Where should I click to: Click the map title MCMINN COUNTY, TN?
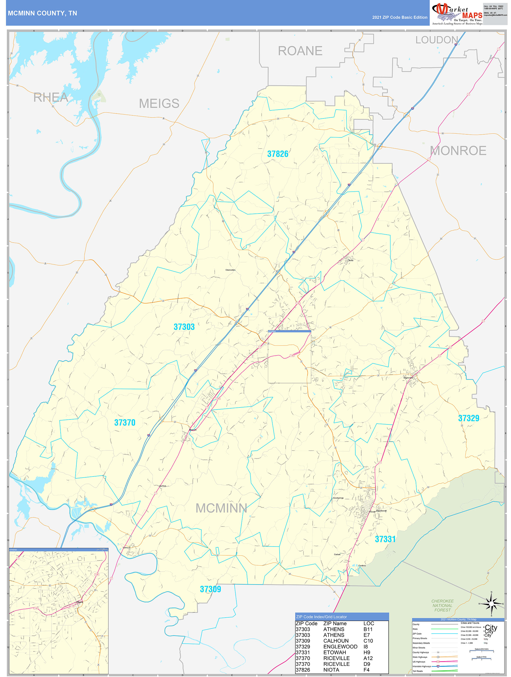[42, 13]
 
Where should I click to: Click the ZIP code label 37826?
[277, 154]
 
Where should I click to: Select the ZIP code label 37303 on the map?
[184, 327]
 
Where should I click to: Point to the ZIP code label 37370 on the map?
[124, 423]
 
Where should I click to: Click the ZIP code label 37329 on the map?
[469, 418]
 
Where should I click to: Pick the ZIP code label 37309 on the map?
[210, 589]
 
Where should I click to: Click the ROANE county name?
[300, 51]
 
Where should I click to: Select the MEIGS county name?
[159, 103]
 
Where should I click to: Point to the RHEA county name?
[51, 98]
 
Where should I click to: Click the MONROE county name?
[458, 151]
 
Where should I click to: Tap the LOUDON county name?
[437, 40]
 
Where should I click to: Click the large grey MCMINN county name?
[221, 508]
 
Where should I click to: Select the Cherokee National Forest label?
[442, 605]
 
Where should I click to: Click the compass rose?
[491, 604]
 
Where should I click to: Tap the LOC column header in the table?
[368, 623]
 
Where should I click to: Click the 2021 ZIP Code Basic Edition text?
[399, 17]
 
